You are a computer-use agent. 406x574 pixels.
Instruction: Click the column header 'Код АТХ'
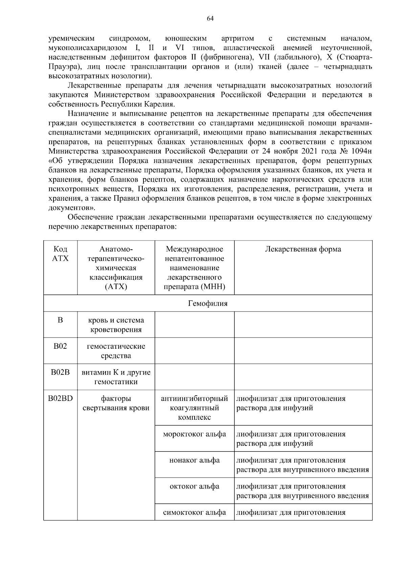click(x=61, y=254)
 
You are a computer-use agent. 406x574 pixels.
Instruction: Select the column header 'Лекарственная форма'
click(x=303, y=249)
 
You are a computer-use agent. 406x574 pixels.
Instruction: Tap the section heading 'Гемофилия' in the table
click(x=208, y=303)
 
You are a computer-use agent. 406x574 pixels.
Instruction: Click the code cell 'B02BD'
click(x=61, y=398)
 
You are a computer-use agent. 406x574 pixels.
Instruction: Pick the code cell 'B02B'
click(x=61, y=372)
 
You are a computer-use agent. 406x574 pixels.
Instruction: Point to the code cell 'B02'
click(x=61, y=346)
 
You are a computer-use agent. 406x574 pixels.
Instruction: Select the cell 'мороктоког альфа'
click(x=194, y=434)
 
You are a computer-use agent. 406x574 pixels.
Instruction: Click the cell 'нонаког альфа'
click(x=194, y=460)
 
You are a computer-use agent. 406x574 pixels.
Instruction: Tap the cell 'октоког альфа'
click(x=194, y=486)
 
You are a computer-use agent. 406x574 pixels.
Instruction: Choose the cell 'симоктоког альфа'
click(x=194, y=512)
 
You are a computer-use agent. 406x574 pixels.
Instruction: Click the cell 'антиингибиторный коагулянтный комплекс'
click(x=194, y=408)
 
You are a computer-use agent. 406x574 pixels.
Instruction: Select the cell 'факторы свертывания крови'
click(x=116, y=403)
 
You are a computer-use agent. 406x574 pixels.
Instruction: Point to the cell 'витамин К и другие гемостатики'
click(x=116, y=377)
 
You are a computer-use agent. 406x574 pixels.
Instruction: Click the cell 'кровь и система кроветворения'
click(x=116, y=325)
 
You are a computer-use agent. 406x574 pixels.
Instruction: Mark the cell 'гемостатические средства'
click(x=116, y=351)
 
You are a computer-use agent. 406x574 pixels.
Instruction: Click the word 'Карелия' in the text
click(x=161, y=104)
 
